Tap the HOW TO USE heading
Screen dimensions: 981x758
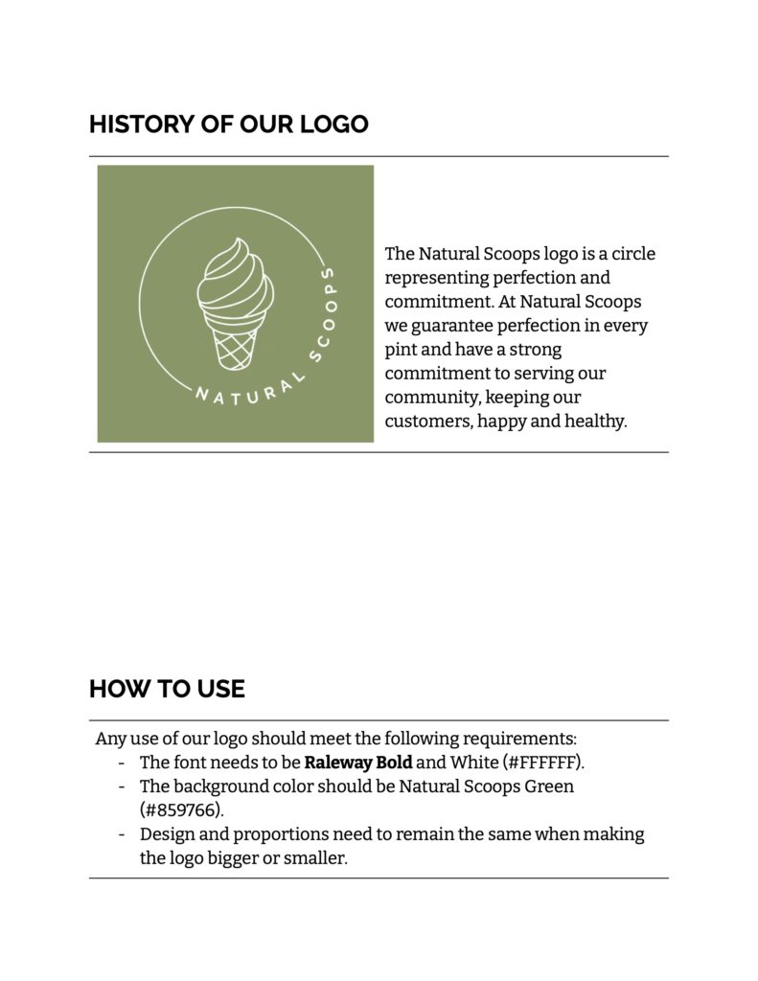(x=167, y=689)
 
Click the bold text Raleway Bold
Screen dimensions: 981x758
(x=358, y=763)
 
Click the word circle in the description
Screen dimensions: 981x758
(x=632, y=254)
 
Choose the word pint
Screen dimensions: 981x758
(x=400, y=350)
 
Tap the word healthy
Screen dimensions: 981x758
(x=594, y=421)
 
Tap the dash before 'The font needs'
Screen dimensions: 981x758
(x=122, y=763)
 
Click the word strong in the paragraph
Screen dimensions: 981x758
(x=536, y=350)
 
